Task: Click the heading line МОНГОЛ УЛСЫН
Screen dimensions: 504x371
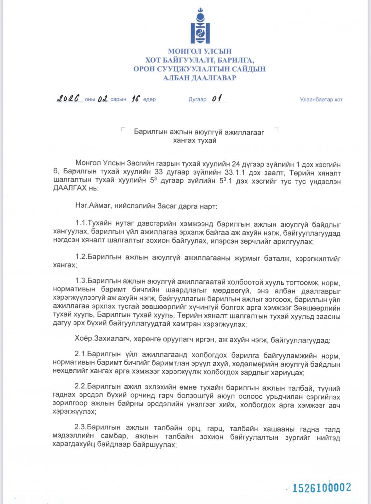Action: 200,51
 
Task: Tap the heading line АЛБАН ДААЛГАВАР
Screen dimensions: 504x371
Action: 200,78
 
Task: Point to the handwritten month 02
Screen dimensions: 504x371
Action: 103,99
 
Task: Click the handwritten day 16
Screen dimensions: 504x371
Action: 136,99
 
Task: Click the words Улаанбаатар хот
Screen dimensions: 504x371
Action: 321,100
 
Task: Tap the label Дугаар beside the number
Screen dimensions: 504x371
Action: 197,100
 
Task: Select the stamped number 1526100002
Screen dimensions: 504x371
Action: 322,488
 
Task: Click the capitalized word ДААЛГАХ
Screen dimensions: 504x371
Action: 70,188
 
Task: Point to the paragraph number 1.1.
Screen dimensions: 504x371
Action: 81,223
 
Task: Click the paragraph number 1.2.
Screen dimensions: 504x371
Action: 81,257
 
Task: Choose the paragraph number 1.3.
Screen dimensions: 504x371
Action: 81,281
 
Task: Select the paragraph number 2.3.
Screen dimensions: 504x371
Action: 80,427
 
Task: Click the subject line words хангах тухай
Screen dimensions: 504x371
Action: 195,140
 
